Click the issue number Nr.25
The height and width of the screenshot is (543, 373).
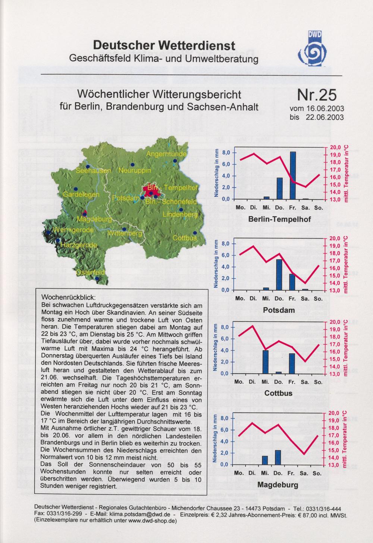click(x=317, y=95)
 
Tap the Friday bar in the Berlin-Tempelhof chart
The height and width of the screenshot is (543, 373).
click(x=292, y=175)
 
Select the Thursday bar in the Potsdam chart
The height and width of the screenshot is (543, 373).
click(x=279, y=275)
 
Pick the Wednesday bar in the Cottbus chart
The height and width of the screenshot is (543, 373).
click(x=266, y=362)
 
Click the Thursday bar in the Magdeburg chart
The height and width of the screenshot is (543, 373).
click(x=278, y=457)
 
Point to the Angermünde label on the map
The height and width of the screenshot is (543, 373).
click(x=166, y=154)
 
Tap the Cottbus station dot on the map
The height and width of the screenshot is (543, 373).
click(x=195, y=233)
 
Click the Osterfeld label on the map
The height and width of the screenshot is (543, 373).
click(x=90, y=272)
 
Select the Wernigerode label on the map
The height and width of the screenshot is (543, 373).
click(x=73, y=230)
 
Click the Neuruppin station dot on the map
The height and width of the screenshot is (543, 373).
click(x=132, y=165)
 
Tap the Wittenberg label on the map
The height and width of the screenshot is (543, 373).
click(x=125, y=234)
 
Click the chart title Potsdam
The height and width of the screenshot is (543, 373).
click(x=279, y=310)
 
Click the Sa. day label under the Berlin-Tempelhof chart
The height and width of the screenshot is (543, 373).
click(x=305, y=208)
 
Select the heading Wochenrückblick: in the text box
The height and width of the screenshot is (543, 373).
click(x=69, y=297)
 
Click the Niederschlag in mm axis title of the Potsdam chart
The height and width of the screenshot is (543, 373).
click(x=216, y=264)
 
